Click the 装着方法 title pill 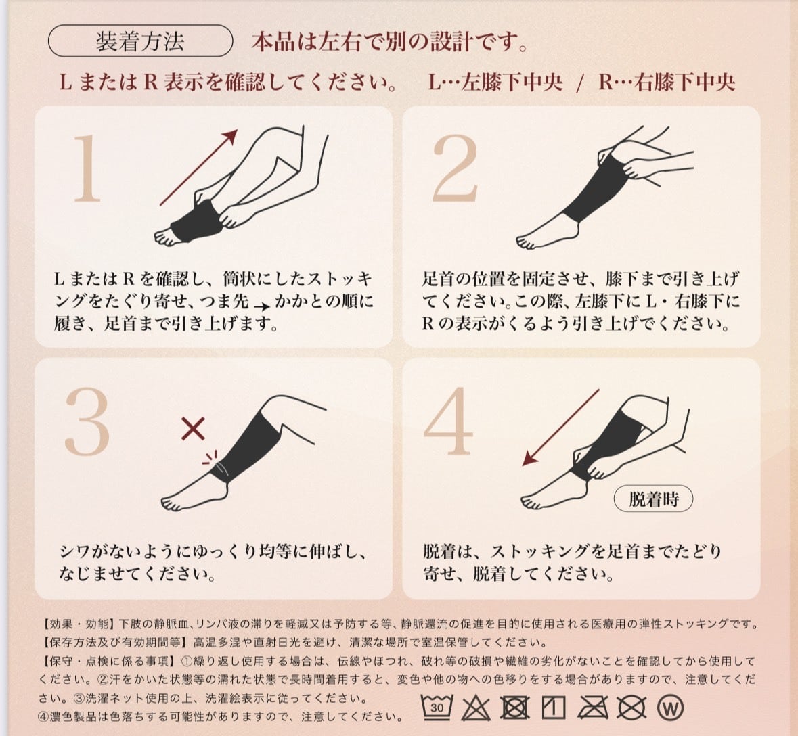141,41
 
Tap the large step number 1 87,168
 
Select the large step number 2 455,168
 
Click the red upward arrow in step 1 199,167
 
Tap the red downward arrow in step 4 560,428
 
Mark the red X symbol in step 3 194,429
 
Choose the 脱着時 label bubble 653,499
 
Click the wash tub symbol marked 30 437,707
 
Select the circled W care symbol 670,708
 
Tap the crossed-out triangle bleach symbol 476,708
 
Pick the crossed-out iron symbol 593,708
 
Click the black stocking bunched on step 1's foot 194,221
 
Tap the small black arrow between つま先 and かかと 261,306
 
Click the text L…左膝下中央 495,82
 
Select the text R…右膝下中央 667,82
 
